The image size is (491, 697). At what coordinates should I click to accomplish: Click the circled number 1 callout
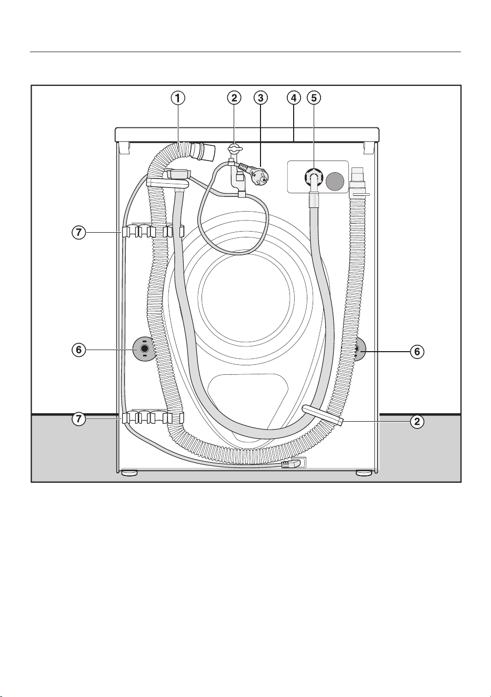pos(177,98)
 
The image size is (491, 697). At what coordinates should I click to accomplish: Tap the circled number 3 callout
pos(260,98)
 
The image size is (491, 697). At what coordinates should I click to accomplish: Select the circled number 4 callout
pos(294,98)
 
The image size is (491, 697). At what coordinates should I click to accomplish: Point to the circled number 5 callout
pos(314,98)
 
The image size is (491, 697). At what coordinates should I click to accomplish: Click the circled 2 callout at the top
pos(234,98)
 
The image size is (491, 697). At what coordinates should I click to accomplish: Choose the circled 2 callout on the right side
pos(417,422)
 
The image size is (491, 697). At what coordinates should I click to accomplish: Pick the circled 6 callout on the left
pos(79,350)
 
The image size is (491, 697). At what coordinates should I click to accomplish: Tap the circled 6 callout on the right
pos(417,352)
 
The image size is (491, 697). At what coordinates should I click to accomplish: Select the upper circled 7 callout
pos(79,233)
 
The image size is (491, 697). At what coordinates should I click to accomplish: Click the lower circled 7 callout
pos(79,419)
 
